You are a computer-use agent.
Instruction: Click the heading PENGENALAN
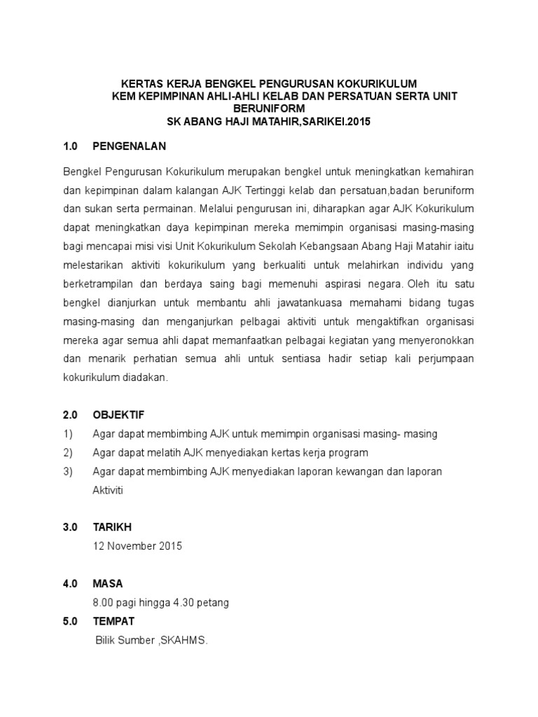point(129,147)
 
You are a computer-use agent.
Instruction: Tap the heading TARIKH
point(112,527)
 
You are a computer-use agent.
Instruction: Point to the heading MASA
point(108,583)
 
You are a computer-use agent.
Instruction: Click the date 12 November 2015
point(137,546)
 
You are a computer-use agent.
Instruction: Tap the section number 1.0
point(69,147)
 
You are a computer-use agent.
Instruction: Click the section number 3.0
point(69,527)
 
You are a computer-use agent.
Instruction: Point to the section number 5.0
point(69,621)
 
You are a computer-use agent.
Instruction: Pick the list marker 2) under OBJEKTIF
point(68,452)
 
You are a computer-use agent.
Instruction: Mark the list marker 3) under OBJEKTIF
point(68,471)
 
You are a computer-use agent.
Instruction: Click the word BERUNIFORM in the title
point(269,109)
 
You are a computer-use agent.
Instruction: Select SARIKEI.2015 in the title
point(329,121)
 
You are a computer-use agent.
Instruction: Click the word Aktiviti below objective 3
point(108,490)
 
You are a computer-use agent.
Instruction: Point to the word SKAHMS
point(184,641)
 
